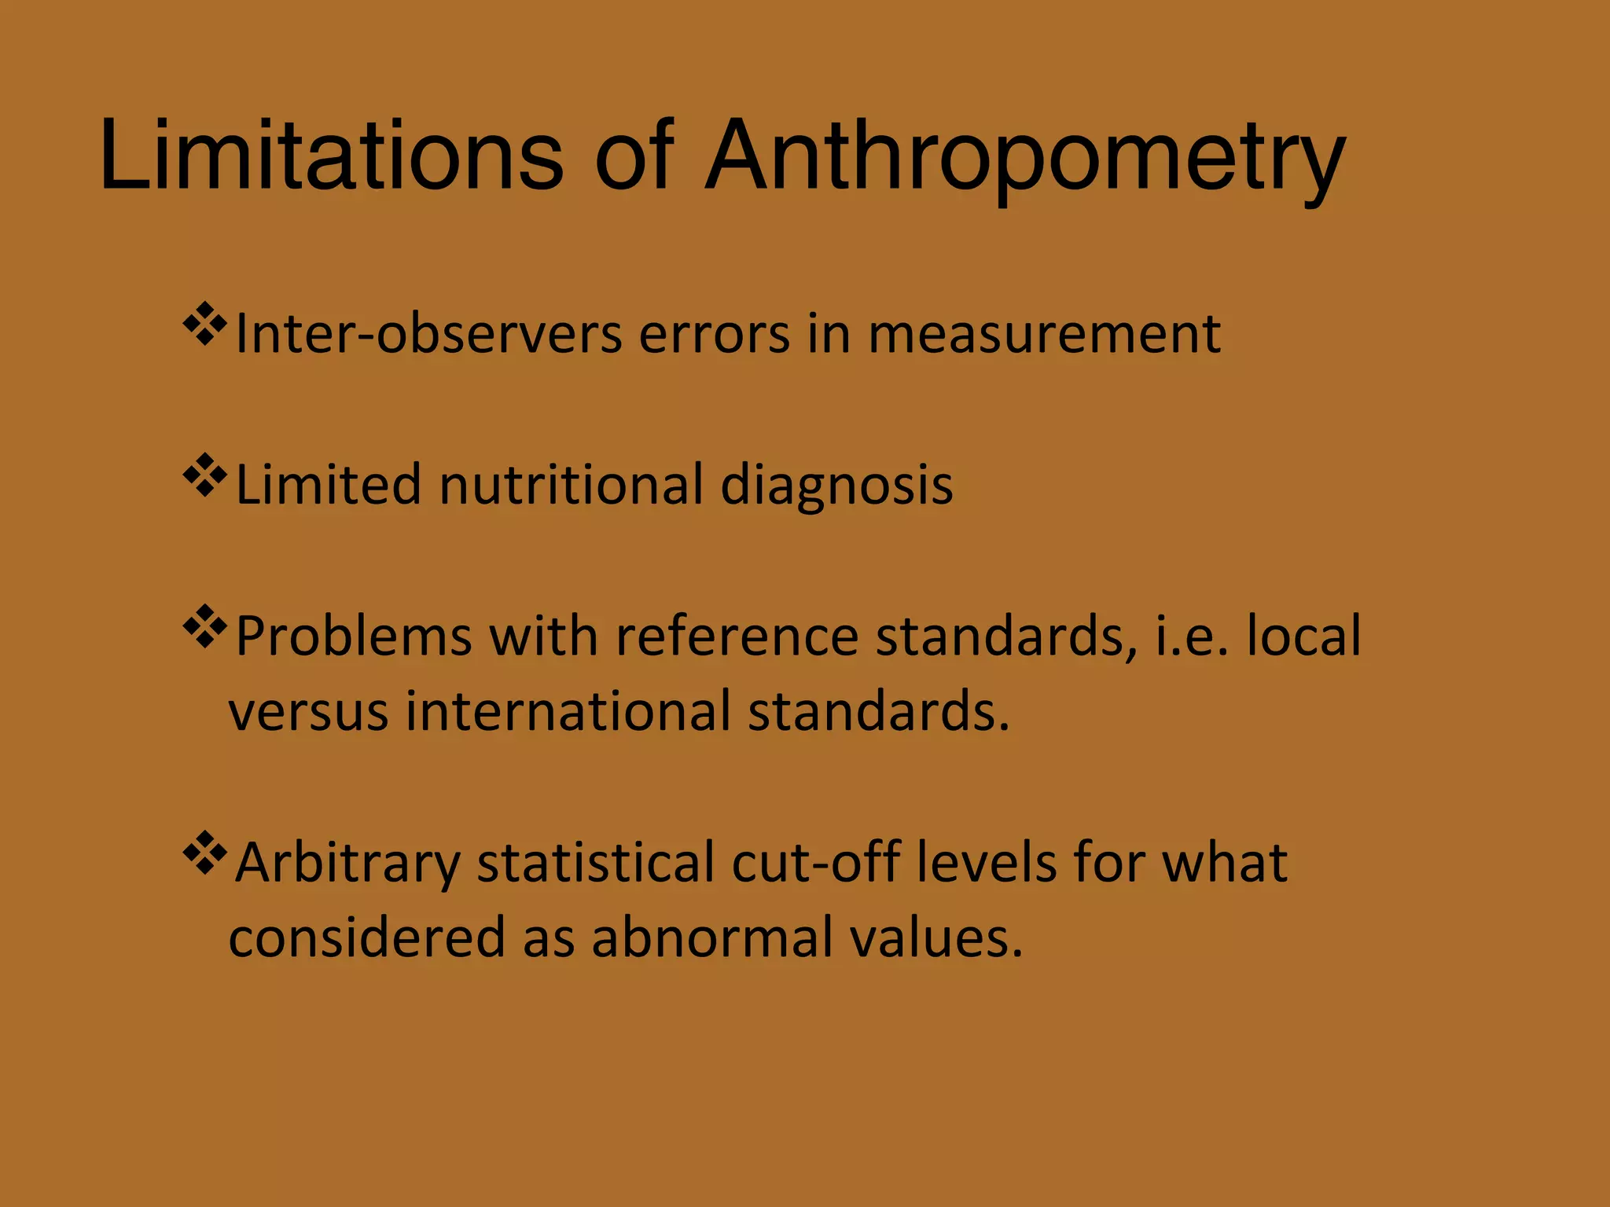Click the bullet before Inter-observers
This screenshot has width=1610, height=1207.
(204, 324)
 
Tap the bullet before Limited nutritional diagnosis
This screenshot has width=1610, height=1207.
(204, 475)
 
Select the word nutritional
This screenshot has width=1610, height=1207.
(571, 484)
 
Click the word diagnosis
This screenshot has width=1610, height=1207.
(836, 486)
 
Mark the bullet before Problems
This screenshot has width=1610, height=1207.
(204, 626)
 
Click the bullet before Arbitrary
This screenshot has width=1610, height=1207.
(204, 852)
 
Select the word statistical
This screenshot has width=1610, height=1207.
(595, 862)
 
